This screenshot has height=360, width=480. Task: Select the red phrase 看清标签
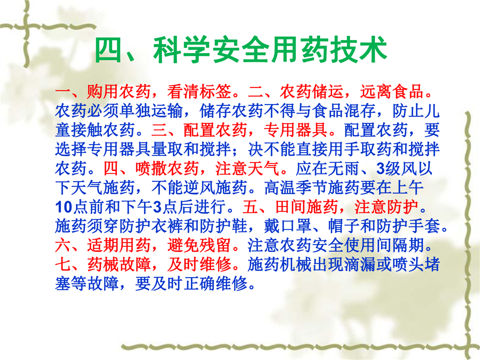point(199,91)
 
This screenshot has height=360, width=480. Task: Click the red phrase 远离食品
point(391,91)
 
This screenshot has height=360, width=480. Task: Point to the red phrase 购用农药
point(119,91)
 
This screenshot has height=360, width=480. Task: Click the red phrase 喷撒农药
point(167,168)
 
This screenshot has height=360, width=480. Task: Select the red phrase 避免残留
point(199,245)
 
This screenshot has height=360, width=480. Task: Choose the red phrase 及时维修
point(199,264)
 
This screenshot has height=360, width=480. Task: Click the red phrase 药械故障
point(119,264)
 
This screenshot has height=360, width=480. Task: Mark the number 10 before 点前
point(63,207)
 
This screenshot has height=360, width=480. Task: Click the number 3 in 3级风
point(380,168)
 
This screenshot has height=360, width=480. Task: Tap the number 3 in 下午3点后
point(157,207)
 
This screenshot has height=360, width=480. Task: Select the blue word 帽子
point(344,226)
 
